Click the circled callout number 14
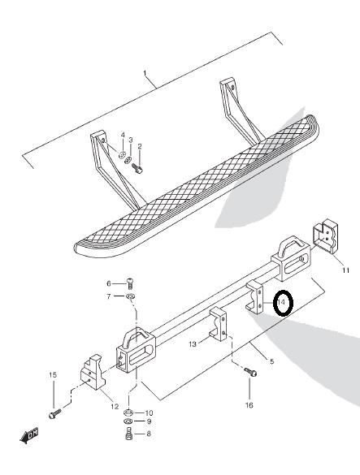tap(281, 302)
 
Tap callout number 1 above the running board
tap(145, 73)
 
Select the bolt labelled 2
tap(137, 168)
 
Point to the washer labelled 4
tap(122, 155)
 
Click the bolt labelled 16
tap(250, 372)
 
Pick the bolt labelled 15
tap(54, 413)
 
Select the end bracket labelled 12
tap(93, 372)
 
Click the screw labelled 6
tap(130, 284)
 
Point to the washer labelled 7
tap(131, 296)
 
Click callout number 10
tap(149, 413)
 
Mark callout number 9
tap(149, 421)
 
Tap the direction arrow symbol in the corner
tap(29, 435)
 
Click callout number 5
tap(271, 361)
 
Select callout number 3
tap(130, 140)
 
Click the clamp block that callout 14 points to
tap(254, 297)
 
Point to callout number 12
tap(115, 407)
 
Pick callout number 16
tap(249, 405)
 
